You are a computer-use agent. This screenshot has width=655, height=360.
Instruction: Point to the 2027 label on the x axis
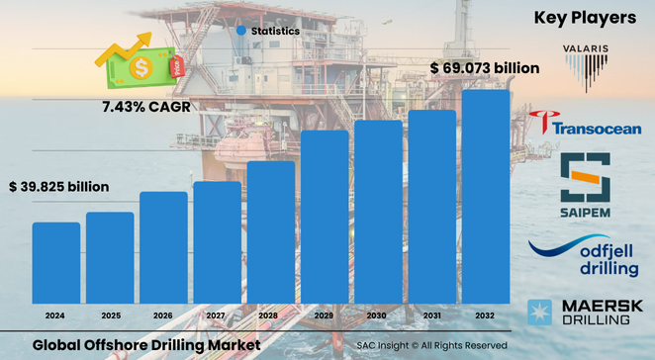click(217, 315)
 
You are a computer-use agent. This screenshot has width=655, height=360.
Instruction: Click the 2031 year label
click(432, 315)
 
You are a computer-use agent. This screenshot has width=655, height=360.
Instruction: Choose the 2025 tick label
click(109, 315)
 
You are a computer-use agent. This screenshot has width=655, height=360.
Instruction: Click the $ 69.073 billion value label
click(486, 68)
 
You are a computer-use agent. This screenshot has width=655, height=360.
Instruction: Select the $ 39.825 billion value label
click(58, 186)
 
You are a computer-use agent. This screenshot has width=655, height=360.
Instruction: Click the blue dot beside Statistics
click(240, 32)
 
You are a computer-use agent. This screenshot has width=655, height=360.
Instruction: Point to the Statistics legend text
click(275, 32)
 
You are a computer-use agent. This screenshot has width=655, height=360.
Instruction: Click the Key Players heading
click(585, 17)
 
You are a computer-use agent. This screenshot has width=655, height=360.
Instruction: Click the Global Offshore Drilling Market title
click(146, 344)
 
